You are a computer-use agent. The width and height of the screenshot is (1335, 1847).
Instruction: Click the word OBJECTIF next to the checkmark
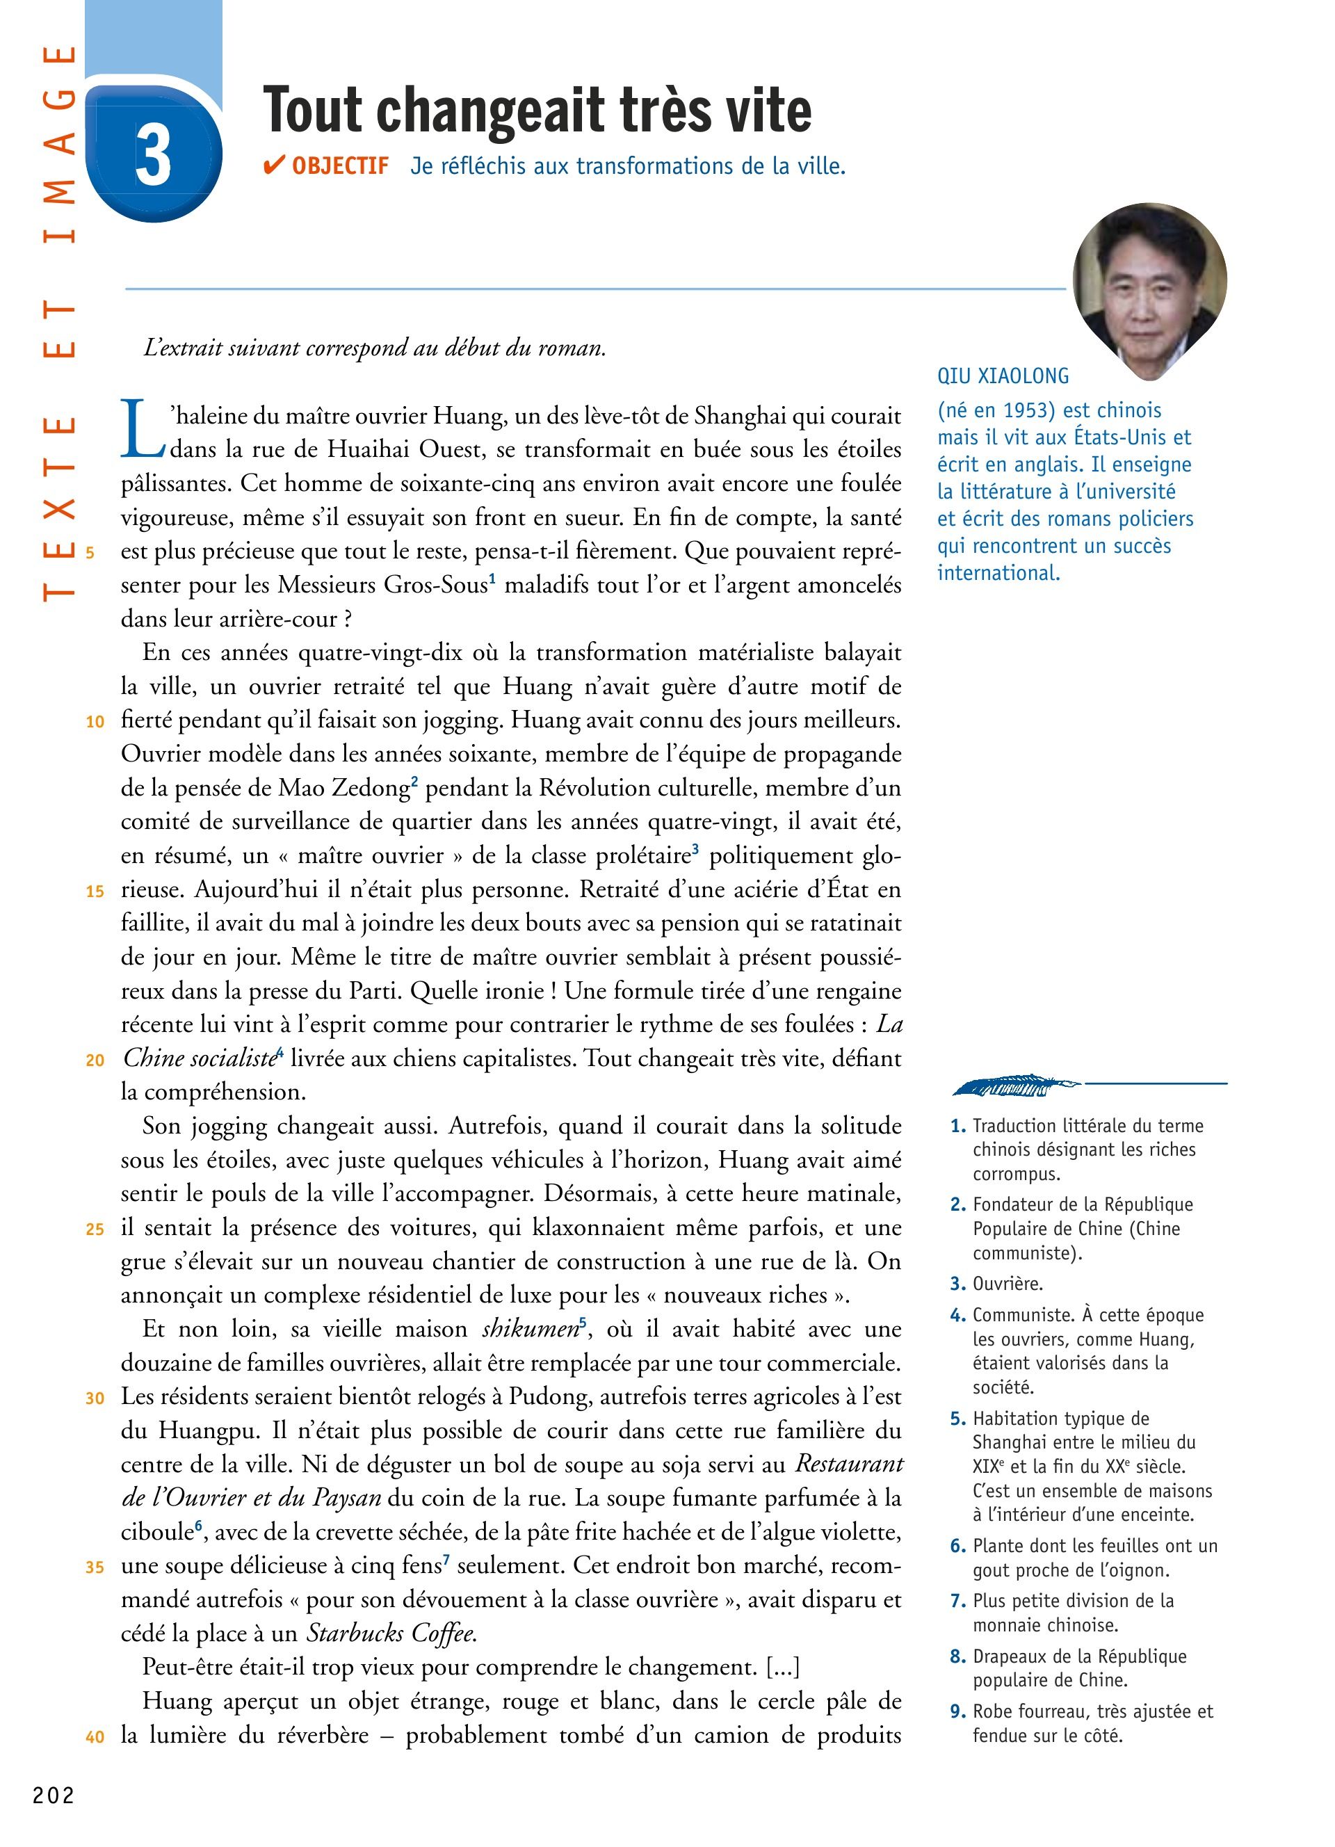(x=340, y=166)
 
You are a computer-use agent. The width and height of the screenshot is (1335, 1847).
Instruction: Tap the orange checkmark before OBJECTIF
(x=273, y=166)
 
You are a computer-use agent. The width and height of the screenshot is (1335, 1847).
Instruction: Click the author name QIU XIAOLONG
(x=1003, y=376)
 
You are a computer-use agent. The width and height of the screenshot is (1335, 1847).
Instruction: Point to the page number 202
(x=54, y=1796)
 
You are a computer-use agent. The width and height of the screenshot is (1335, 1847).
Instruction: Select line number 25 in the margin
(x=95, y=1229)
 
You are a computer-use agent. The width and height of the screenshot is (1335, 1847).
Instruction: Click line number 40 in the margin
(x=95, y=1737)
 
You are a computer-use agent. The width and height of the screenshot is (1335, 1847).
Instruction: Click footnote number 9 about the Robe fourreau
(x=958, y=1712)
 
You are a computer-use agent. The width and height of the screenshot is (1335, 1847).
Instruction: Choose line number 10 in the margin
(x=95, y=722)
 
